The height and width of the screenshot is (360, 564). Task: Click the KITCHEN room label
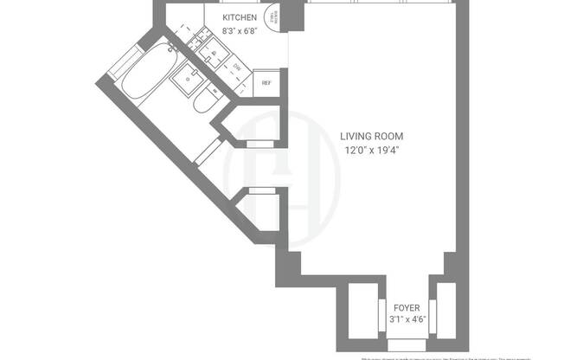coord(240,17)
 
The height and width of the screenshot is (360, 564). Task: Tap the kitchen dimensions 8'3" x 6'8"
coord(240,31)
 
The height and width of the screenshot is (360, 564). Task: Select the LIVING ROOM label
coord(371,136)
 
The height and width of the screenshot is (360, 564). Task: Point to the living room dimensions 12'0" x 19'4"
coord(371,150)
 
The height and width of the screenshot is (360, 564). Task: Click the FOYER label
coord(407,307)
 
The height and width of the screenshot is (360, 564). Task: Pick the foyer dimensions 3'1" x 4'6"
coord(407,321)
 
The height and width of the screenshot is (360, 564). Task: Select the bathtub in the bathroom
coord(147,74)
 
